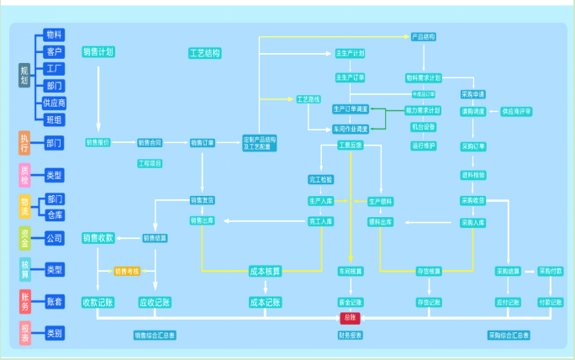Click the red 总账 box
pos(351,318)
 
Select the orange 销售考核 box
pos(127,271)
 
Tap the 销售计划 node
pos(98,52)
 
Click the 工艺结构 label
pos(204,53)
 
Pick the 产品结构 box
pos(423,37)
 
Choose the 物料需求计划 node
pos(423,77)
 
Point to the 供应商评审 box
pos(516,111)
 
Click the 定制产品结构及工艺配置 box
pos(258,143)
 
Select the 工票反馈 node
pos(350,146)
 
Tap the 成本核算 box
pos(266,271)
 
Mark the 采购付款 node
pos(551,271)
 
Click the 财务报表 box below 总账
pos(351,335)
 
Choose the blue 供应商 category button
pos(55,103)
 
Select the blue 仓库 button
pos(55,214)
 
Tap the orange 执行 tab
pos(24,142)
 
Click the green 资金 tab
pos(24,237)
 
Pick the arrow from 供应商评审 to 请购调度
pos(493,111)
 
